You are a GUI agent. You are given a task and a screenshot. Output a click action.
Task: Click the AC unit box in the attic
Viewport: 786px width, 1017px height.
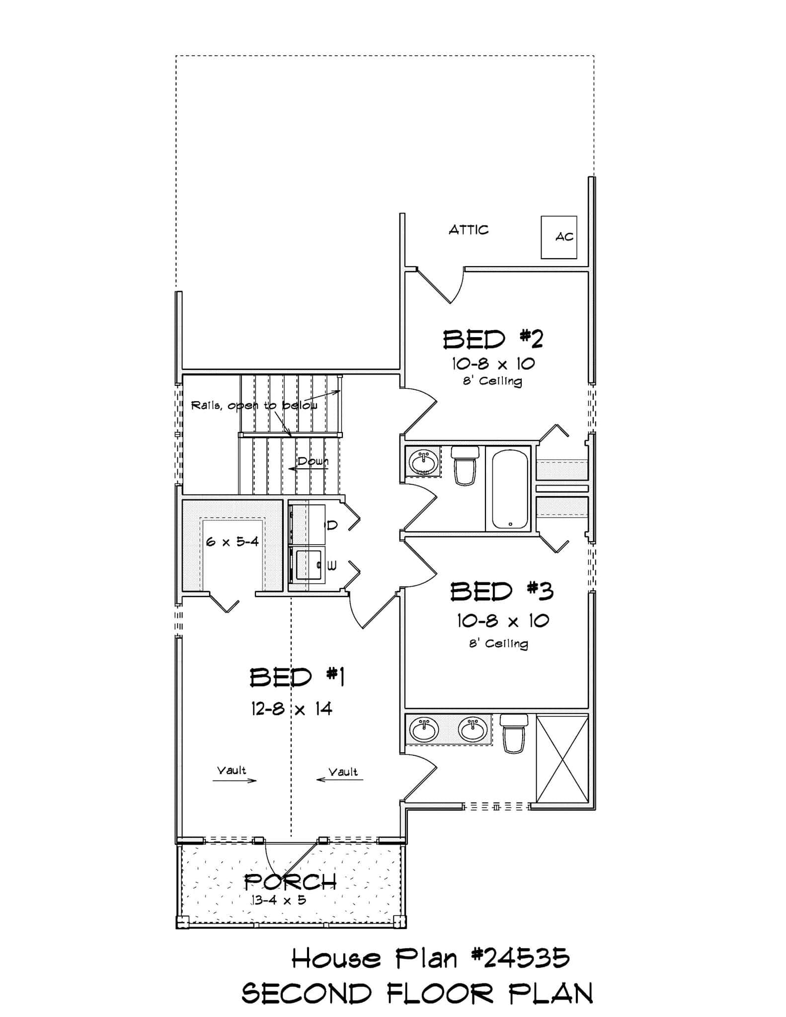coord(559,237)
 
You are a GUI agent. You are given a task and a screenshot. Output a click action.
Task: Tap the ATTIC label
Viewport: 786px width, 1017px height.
coord(469,230)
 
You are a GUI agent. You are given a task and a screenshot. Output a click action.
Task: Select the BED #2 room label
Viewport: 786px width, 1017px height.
coord(493,340)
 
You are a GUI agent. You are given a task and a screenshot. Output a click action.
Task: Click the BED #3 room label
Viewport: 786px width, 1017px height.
coord(502,591)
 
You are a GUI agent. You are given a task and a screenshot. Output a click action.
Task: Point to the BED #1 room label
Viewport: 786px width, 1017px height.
coord(297,677)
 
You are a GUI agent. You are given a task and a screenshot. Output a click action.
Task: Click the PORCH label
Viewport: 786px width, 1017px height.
coord(291,882)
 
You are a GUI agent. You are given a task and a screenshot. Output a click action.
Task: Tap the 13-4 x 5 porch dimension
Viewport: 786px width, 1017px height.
coord(278,899)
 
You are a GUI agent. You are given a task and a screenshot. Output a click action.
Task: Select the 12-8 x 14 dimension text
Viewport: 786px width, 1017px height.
coord(292,709)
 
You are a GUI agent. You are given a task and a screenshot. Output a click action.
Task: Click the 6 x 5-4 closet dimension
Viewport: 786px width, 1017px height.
coord(233,541)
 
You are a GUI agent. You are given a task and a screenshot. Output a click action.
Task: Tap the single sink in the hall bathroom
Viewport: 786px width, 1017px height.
coord(423,461)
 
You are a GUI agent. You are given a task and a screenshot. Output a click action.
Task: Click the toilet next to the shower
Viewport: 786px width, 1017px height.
coord(514,733)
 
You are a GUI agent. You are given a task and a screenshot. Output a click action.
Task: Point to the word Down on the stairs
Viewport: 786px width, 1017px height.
coord(313,461)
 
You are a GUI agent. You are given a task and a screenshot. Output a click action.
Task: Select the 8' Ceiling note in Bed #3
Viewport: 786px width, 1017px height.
coord(498,644)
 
